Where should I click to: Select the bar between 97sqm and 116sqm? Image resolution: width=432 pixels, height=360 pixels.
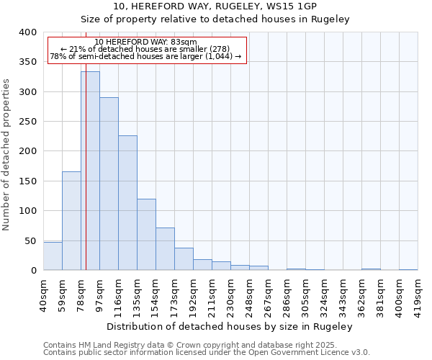click(109, 184)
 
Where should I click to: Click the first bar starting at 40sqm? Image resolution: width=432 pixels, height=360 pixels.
click(53, 256)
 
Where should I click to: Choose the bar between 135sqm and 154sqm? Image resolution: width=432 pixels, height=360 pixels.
click(146, 235)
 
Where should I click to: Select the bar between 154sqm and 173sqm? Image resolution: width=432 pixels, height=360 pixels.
click(165, 249)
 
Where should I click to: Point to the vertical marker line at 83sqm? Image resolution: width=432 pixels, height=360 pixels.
click(86, 144)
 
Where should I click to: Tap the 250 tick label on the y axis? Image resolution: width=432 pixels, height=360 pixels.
click(27, 122)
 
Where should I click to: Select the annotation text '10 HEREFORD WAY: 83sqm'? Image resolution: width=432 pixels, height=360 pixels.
click(146, 42)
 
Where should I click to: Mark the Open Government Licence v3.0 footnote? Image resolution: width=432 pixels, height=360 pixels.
click(207, 352)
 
